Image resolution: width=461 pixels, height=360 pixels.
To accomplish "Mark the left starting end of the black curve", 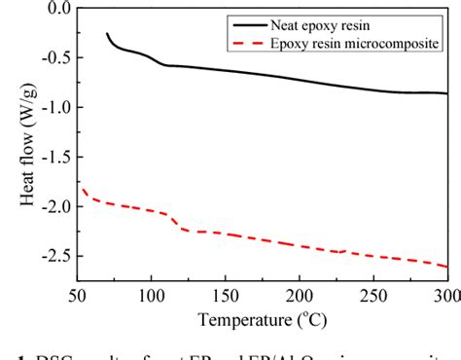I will (x=107, y=34).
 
